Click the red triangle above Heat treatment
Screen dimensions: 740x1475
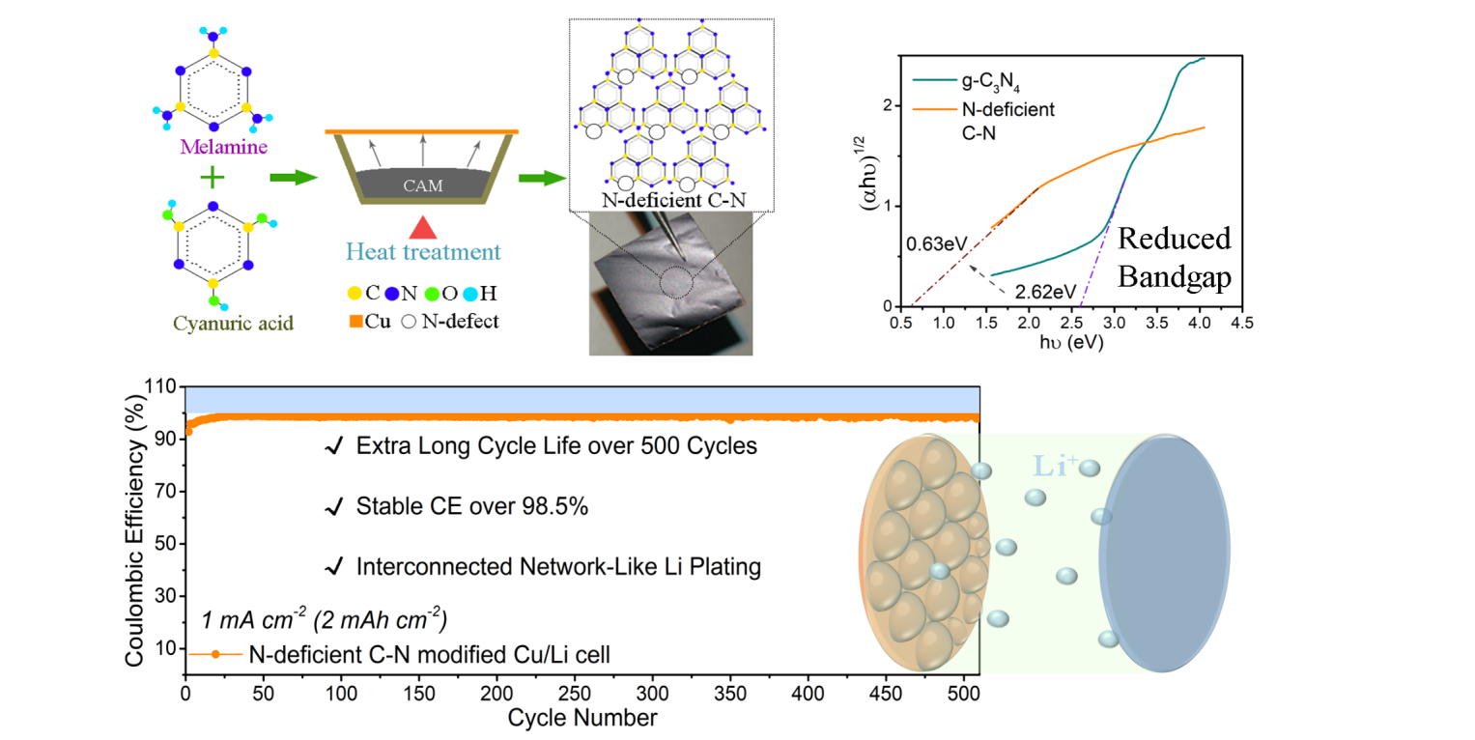click(421, 227)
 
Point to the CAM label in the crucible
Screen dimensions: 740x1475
click(422, 185)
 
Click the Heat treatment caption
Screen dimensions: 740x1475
click(421, 252)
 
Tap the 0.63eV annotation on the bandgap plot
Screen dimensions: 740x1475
click(934, 245)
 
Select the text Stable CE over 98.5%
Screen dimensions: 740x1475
click(471, 507)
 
